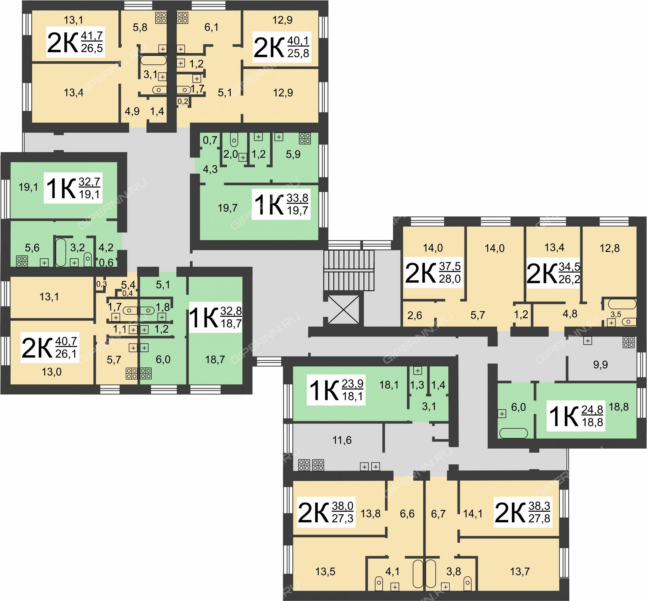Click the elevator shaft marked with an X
click(343, 310)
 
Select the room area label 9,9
click(600, 365)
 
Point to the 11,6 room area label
click(342, 440)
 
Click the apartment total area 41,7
click(92, 36)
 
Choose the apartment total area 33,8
click(297, 198)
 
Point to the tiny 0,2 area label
click(183, 101)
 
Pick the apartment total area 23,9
click(352, 384)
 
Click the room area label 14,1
click(473, 514)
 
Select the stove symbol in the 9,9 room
click(628, 342)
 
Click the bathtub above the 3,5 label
click(622, 304)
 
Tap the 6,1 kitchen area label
click(211, 27)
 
